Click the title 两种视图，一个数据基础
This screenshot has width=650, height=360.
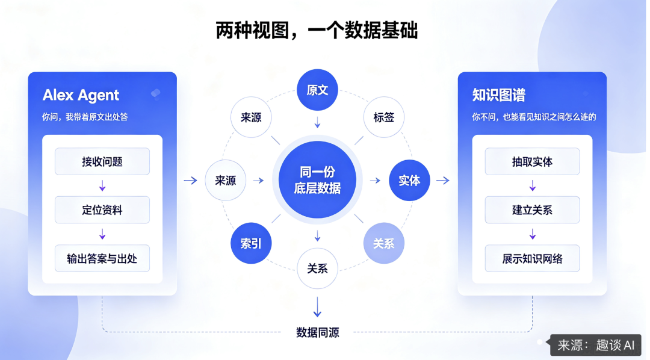point(317,30)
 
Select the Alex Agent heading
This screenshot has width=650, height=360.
point(81,95)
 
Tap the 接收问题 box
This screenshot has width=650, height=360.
point(102,161)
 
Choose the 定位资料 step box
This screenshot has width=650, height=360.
point(102,210)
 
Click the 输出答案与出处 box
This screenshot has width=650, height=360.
point(102,258)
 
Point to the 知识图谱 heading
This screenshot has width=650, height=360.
point(499,95)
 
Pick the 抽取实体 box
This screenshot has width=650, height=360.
point(532,161)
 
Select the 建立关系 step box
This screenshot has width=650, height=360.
point(532,210)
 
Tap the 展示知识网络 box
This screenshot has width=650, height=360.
point(532,258)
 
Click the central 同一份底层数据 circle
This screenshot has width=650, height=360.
point(317,180)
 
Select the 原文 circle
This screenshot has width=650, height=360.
point(317,90)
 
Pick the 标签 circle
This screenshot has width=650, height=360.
point(384,117)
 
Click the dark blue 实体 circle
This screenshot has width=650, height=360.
point(409,181)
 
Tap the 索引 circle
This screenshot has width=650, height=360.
point(251,243)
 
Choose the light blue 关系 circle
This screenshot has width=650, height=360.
point(384,243)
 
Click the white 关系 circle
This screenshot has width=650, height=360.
point(317,268)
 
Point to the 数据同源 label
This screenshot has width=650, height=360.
point(318,332)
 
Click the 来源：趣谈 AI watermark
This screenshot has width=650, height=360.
point(596,345)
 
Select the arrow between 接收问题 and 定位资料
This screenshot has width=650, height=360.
point(102,185)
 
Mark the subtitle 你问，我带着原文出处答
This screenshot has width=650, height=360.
point(85,117)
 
